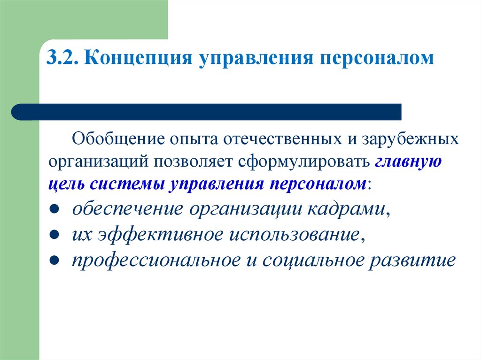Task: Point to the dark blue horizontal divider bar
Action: pos(207,112)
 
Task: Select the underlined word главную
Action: pos(408,162)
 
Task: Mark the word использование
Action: pos(295,234)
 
